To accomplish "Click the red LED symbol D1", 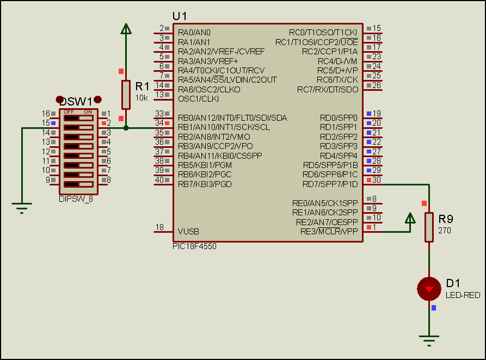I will click(429, 289).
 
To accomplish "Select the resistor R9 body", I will click(429, 226).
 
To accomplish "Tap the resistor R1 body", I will click(126, 95).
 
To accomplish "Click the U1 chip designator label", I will click(180, 16).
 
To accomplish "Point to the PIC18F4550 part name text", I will click(195, 246).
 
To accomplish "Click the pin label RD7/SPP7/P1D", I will click(330, 184).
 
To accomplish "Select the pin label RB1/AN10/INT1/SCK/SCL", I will click(223, 127).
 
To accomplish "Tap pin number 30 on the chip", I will click(376, 180).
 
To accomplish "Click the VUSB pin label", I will click(188, 231).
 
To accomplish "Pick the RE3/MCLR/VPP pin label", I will click(329, 231).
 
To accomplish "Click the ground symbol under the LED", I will click(429, 342).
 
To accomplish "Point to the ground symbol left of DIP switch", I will click(22, 207).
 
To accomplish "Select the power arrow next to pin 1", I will click(410, 219).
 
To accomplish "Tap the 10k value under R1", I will click(141, 98).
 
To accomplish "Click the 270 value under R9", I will click(444, 230).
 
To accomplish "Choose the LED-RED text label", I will click(463, 295).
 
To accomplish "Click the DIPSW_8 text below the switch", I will click(76, 199).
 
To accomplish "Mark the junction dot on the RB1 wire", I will click(126, 128).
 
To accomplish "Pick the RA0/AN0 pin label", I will click(194, 33).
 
